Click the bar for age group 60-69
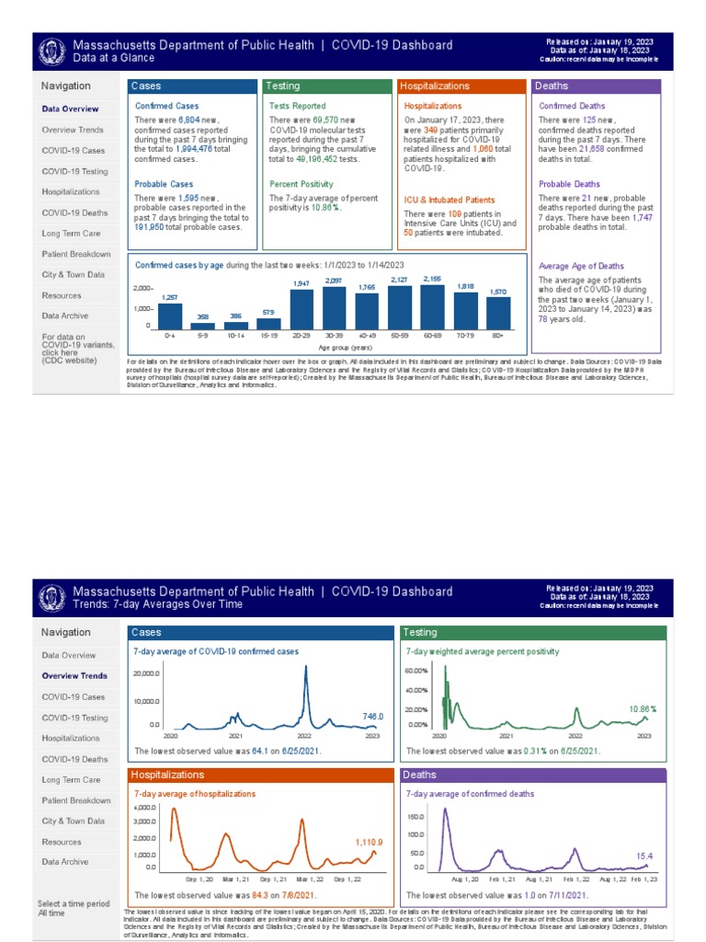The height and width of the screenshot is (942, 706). [x=431, y=306]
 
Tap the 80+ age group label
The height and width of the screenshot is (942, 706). [x=498, y=337]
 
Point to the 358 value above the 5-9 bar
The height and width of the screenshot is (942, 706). [x=202, y=316]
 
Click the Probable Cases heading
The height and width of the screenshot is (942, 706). [x=164, y=184]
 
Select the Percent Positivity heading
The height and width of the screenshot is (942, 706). [x=302, y=184]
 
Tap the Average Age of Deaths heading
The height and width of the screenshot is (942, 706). [x=581, y=266]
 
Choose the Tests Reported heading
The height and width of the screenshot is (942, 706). [x=297, y=106]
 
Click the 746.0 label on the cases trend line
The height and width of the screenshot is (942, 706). [x=372, y=716]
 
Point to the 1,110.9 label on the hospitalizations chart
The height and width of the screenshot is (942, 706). [x=369, y=842]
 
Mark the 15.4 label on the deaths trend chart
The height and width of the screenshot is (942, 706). [x=644, y=856]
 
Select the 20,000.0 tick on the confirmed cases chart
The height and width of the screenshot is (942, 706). [x=147, y=674]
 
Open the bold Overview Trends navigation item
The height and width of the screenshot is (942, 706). [x=74, y=676]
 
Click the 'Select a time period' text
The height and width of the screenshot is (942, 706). [x=74, y=903]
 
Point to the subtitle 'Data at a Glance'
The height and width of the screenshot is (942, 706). [x=114, y=58]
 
